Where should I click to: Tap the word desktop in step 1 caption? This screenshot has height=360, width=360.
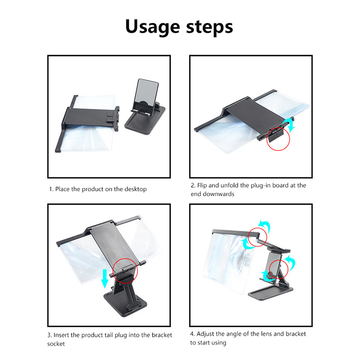(135, 189)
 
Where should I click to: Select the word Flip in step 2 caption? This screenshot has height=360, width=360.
(202, 186)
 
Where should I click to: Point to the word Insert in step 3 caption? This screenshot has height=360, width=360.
(61, 335)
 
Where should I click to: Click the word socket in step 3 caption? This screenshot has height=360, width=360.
(56, 344)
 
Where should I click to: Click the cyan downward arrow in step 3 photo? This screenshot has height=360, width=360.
(105, 279)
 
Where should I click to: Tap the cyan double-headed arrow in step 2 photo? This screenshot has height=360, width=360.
(290, 125)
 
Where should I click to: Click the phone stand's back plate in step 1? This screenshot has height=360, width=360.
(147, 94)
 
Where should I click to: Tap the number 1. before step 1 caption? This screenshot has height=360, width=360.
(51, 189)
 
